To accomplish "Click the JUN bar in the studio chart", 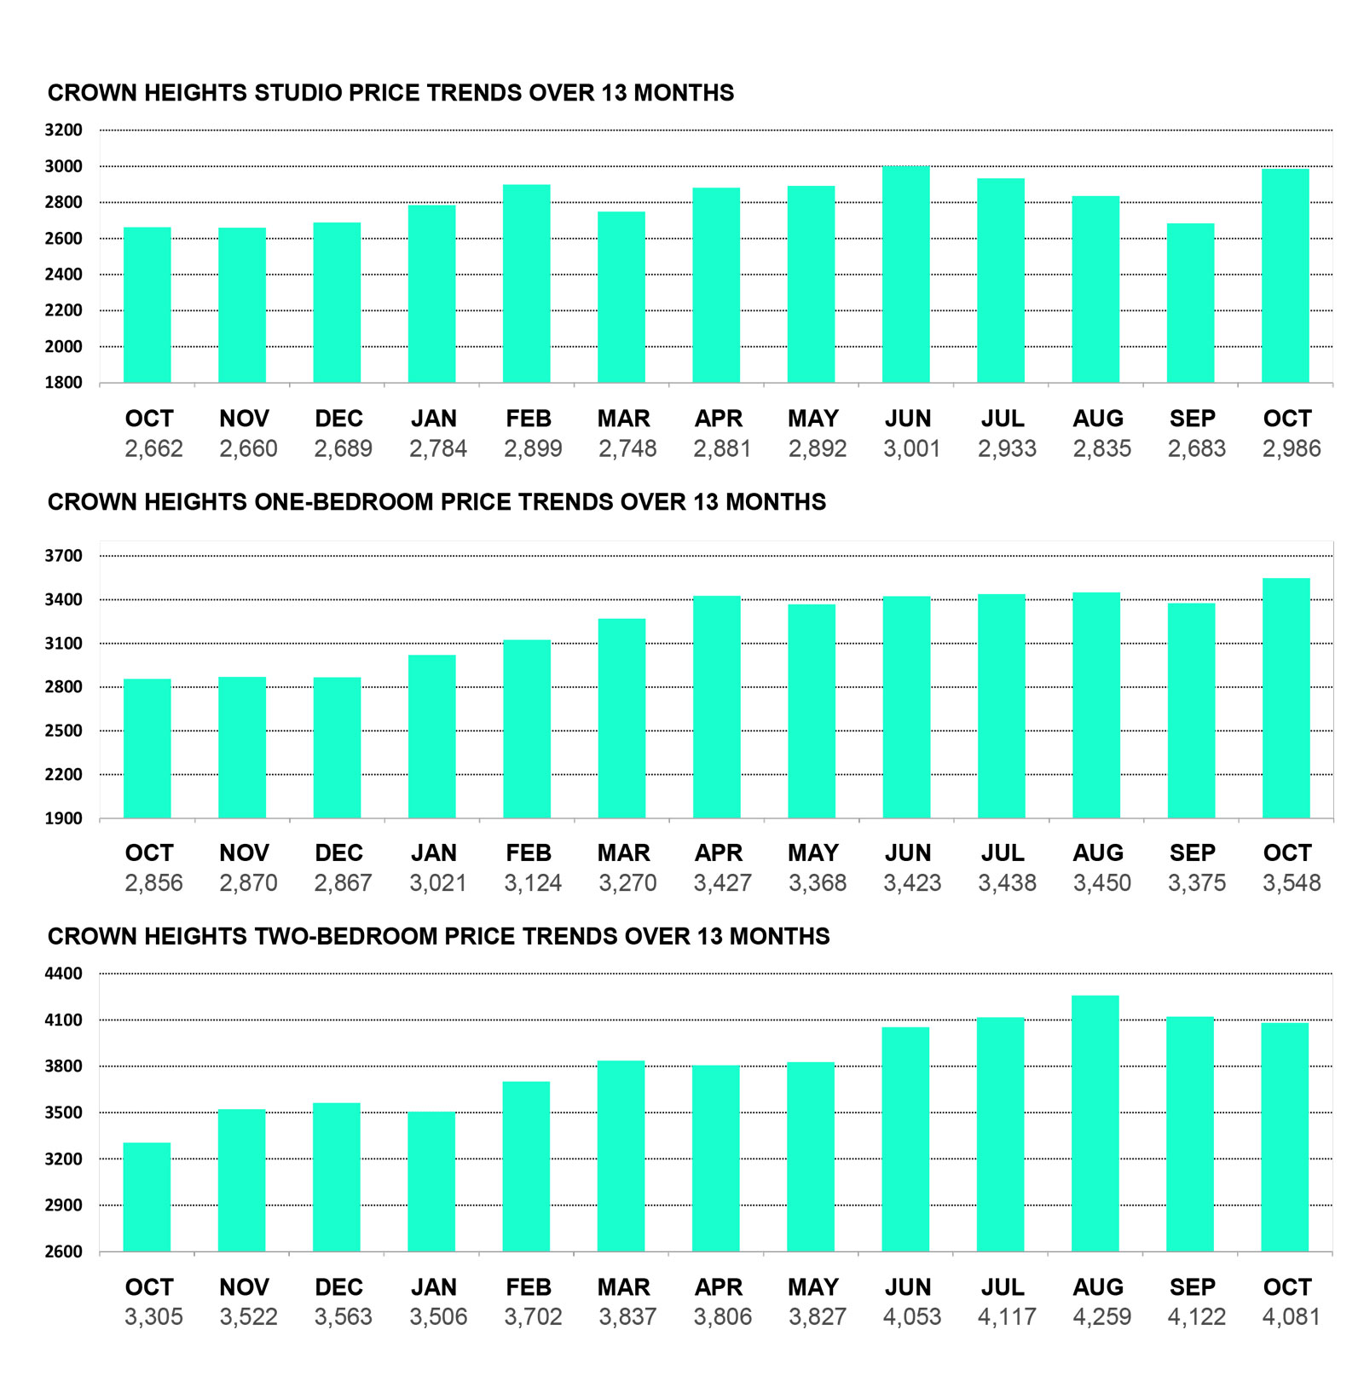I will point(905,275).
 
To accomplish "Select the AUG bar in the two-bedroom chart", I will point(1095,1124).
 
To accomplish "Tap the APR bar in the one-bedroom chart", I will point(717,708).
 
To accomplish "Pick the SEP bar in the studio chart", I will point(1190,303).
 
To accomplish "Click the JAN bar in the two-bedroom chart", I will point(431,1182).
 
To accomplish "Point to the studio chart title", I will point(390,93).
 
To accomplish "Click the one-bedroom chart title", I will point(436,502).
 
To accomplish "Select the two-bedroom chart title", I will point(438,936).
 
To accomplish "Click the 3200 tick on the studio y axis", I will point(64,130).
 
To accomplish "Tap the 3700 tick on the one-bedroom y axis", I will point(64,556).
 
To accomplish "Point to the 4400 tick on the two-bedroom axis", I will point(64,974).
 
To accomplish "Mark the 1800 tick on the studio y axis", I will point(64,383).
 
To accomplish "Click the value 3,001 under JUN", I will point(911,448).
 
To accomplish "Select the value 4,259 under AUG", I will point(1101,1317).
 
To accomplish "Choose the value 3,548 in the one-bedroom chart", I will point(1291,883).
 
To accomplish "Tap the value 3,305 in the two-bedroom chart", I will point(153,1317).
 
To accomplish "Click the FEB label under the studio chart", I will point(529,419).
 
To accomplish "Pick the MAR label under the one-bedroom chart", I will point(623,853).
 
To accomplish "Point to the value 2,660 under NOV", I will point(248,448).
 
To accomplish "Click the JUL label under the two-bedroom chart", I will point(1003,1287).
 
